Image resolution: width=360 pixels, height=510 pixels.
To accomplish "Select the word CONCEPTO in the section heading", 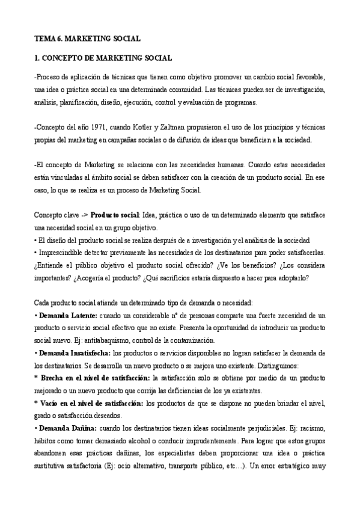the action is [64, 58].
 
